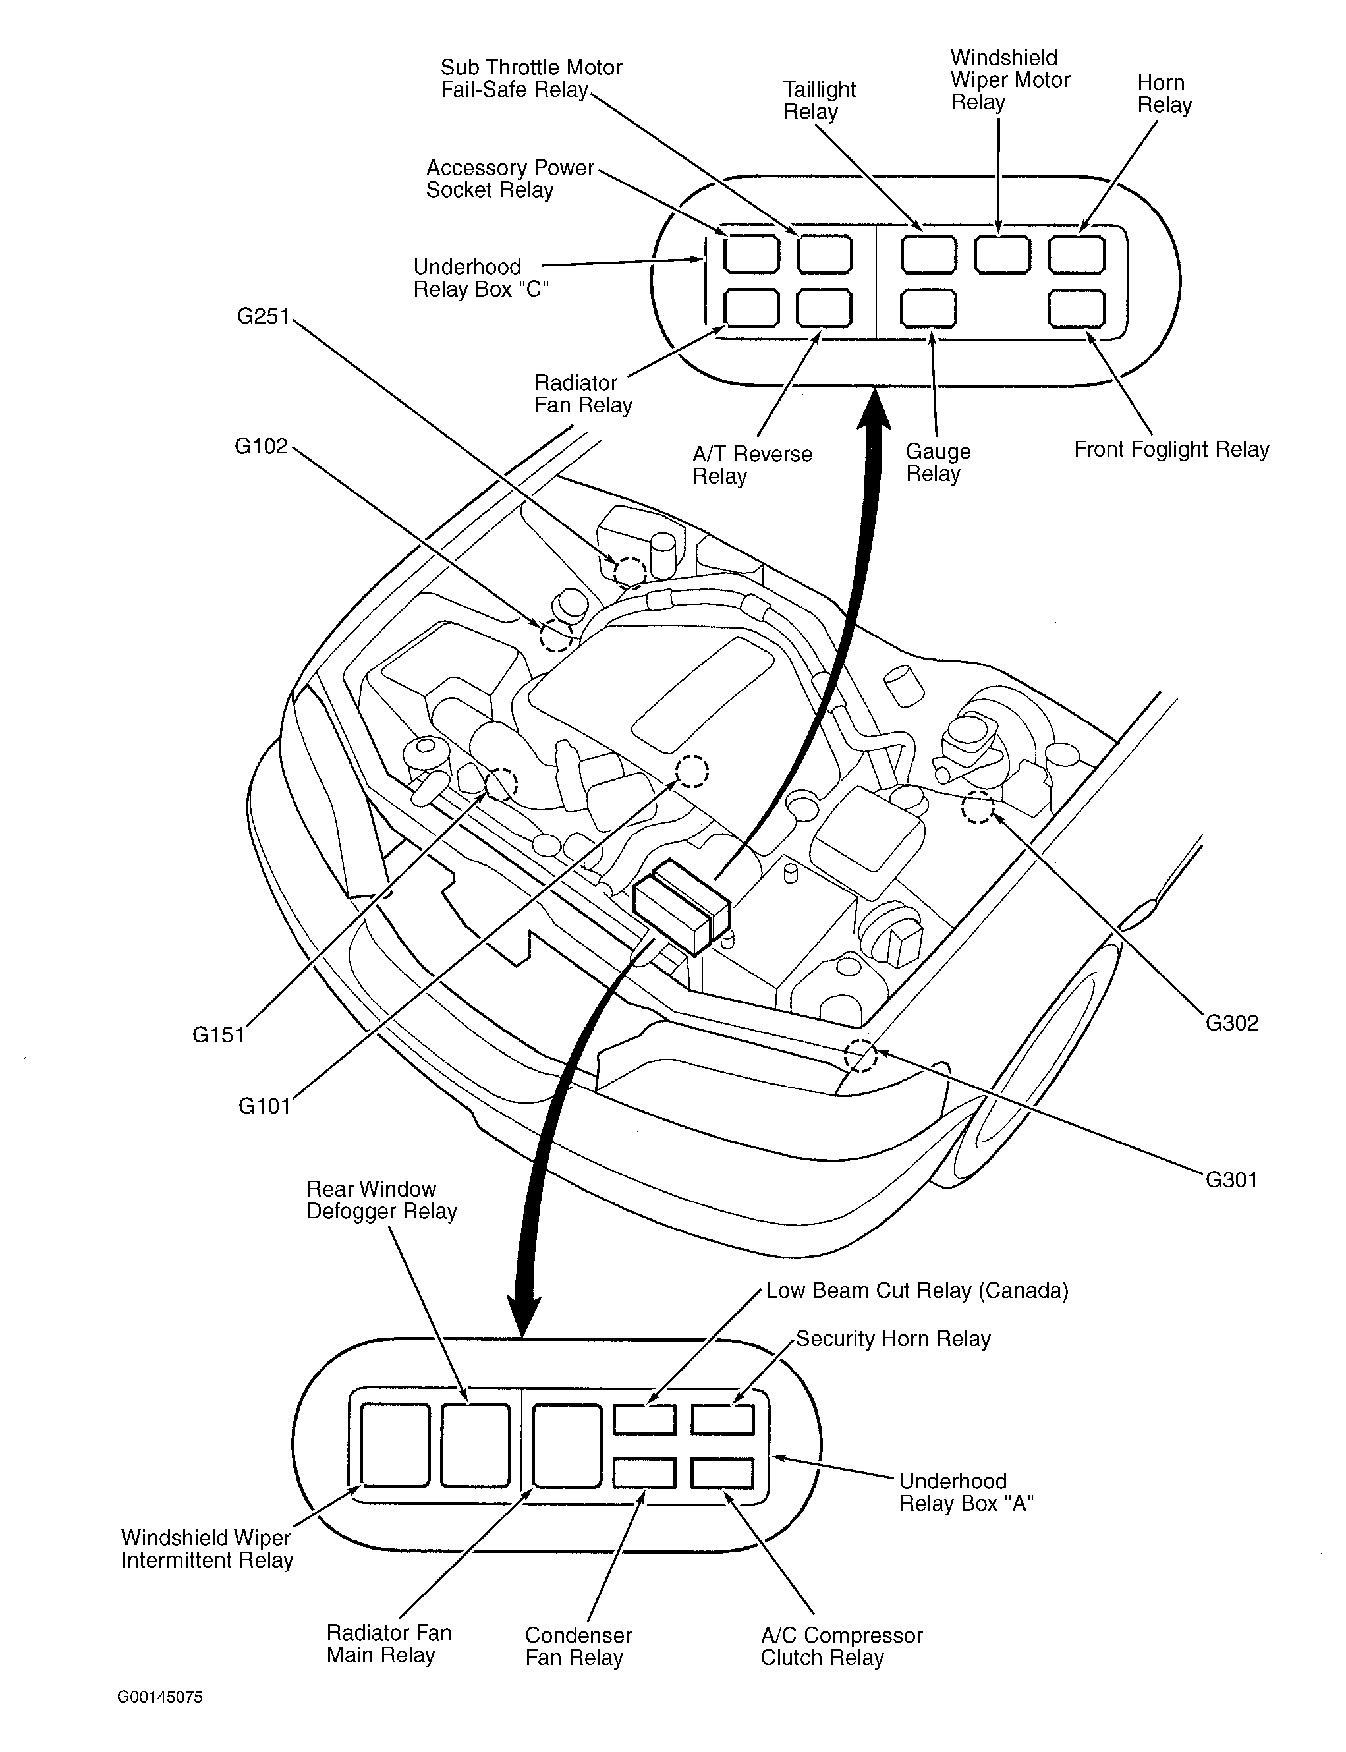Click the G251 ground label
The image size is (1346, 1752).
[x=263, y=316]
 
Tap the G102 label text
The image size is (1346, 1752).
[x=261, y=446]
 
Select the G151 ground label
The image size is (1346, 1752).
[x=218, y=1035]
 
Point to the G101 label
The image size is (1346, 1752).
[x=264, y=1106]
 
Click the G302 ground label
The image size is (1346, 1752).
[x=1232, y=1023]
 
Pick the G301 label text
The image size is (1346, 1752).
[x=1231, y=1180]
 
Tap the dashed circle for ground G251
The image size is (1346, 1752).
[x=630, y=572]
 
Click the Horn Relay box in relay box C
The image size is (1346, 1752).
[x=1077, y=256]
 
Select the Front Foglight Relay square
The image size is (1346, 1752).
[x=1077, y=309]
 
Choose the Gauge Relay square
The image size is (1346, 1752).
[x=928, y=309]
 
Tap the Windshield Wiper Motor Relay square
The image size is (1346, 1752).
[x=1002, y=256]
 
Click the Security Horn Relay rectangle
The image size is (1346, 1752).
[x=723, y=1421]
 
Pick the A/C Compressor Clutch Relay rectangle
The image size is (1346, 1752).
[x=723, y=1473]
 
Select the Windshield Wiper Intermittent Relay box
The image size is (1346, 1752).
[x=394, y=1444]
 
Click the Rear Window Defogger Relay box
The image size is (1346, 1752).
[x=475, y=1444]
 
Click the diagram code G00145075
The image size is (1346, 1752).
[x=160, y=1697]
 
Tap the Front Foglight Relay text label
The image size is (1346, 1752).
[x=1171, y=449]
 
